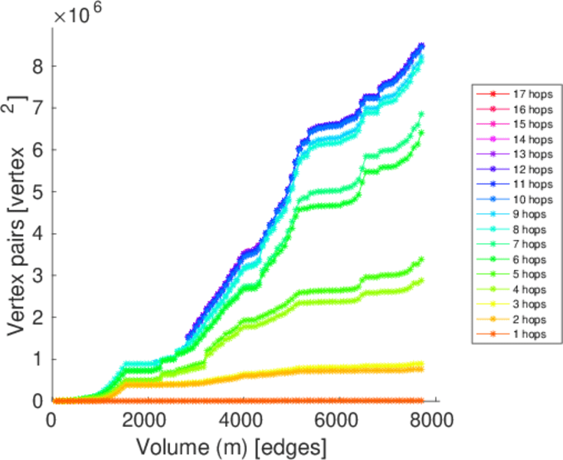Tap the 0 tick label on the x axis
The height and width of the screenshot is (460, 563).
coord(51,421)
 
